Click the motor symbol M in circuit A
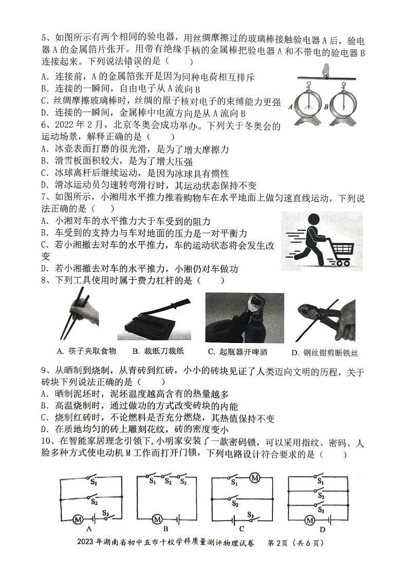tap(78, 519)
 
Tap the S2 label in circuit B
tap(168, 482)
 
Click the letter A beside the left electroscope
tap(290, 107)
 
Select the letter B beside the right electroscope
tap(326, 107)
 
